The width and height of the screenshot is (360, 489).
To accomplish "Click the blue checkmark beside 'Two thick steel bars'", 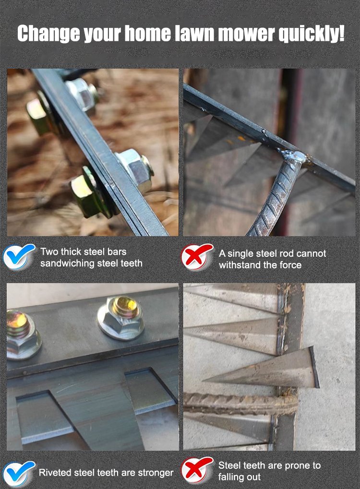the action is (x=19, y=256).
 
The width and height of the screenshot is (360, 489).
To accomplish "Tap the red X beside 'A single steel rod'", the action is (x=197, y=257).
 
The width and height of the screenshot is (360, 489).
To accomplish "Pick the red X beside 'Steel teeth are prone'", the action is (x=197, y=470).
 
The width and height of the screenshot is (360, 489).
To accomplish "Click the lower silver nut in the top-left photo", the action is (x=135, y=170).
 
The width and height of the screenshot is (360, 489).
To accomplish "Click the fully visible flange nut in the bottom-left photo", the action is (x=121, y=317).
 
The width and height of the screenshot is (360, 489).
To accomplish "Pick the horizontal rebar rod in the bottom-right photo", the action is (x=240, y=404).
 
